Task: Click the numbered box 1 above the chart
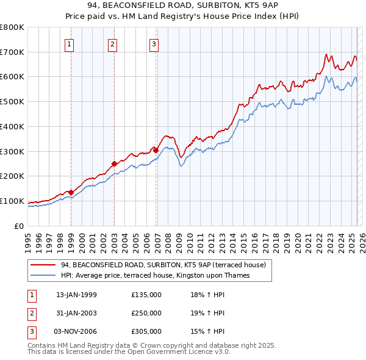pos(70,43)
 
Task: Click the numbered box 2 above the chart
pos(113,43)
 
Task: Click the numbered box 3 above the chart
pos(154,43)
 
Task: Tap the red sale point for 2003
pos(114,164)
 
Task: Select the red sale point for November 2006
pos(156,150)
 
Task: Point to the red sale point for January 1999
pos(71,192)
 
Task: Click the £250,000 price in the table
pos(146,313)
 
